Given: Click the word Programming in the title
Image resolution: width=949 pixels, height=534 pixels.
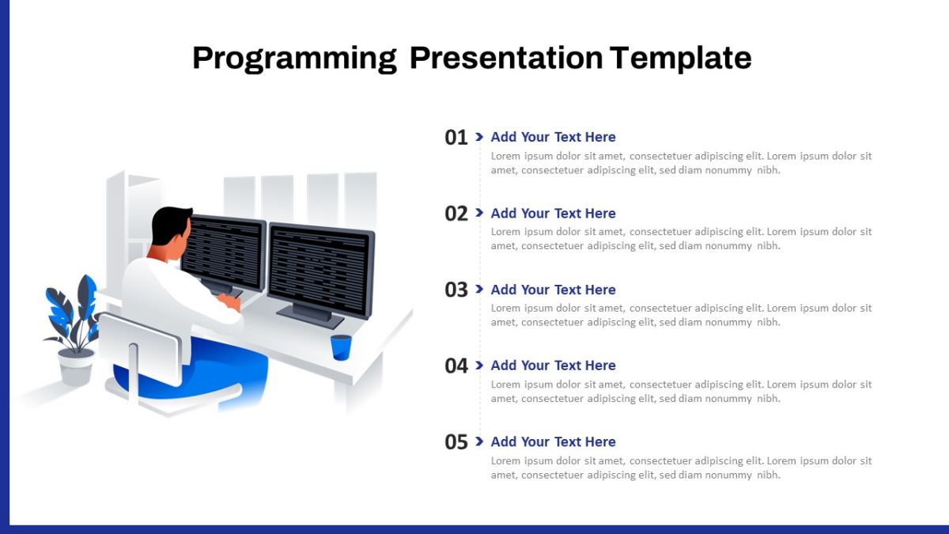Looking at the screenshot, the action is click(294, 59).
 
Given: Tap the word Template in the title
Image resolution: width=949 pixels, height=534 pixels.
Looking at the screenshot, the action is click(681, 58).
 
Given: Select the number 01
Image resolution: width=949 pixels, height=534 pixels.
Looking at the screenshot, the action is click(456, 138).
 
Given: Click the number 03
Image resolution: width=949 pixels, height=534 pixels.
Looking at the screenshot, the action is click(456, 290).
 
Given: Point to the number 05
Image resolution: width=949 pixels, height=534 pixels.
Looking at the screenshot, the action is click(456, 442).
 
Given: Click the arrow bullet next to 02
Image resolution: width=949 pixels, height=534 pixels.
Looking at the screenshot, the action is click(479, 213).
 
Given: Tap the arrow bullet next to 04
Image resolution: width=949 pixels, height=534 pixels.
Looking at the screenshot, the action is click(479, 365).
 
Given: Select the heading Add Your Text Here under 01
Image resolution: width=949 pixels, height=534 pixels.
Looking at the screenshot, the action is click(553, 137).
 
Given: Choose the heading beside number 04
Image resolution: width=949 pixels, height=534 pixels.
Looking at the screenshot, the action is click(553, 365).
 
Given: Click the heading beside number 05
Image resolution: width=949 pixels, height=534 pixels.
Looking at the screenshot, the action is click(553, 441).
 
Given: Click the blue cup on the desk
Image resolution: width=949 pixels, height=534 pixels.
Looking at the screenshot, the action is click(341, 347).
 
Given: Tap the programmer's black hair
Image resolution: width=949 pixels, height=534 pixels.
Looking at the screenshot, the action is click(169, 224).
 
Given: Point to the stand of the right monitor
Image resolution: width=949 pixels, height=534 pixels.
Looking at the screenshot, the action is click(312, 316).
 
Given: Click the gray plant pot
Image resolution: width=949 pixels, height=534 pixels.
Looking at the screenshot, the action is click(76, 367).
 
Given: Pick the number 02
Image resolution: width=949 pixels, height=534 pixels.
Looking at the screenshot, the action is click(456, 214).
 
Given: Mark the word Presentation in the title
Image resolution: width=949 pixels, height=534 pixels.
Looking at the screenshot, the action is click(506, 58).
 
